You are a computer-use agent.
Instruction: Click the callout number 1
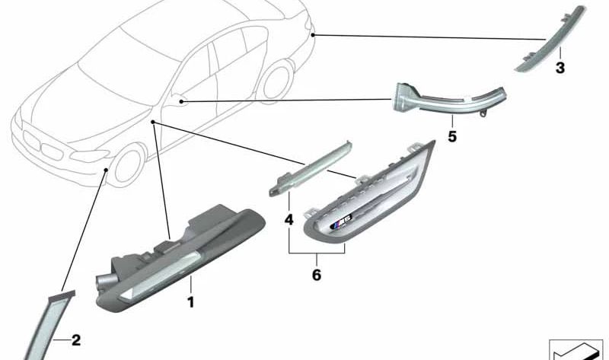(x=190, y=303)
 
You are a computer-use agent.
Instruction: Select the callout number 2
(x=75, y=340)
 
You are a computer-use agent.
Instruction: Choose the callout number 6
(x=317, y=275)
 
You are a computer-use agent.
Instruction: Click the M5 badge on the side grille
(x=340, y=225)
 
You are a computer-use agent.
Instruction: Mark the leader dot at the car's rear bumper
(x=314, y=34)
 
